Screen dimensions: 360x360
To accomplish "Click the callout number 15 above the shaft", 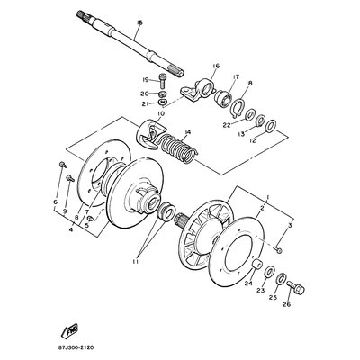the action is coord(139,22).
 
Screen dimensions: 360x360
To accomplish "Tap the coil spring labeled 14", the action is coord(177,148).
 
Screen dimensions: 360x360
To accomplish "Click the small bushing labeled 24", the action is coord(256,265).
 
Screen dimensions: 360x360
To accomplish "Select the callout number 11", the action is coord(135,262).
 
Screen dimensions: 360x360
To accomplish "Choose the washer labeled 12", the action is coord(272,126).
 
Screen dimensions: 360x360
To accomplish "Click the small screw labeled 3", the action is coord(279,249).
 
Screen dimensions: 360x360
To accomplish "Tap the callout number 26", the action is coord(286,304).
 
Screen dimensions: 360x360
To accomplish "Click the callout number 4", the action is coord(71,229).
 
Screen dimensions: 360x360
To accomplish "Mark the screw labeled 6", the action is coord(63,165).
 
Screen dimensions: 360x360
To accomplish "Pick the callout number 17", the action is coord(236,76).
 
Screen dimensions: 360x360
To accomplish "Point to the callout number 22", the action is coord(227,125).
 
